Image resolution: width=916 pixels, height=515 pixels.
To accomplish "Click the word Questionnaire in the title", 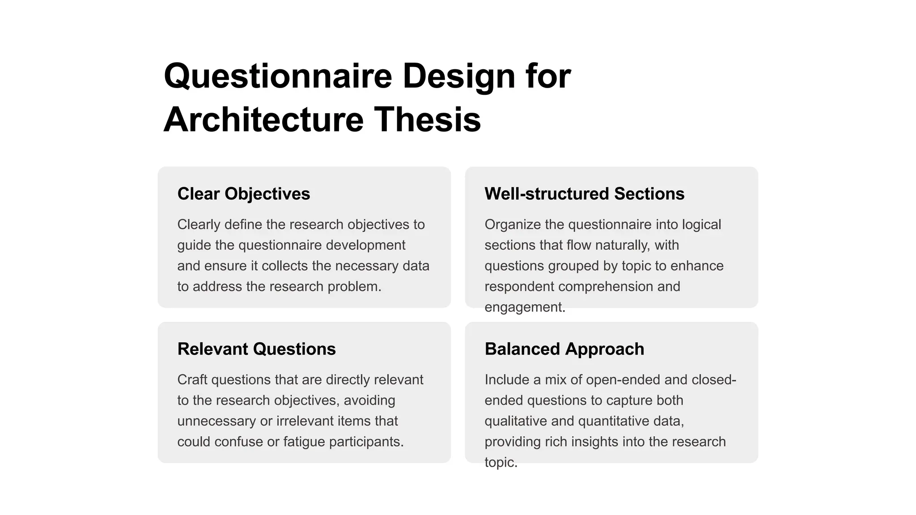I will click(278, 76).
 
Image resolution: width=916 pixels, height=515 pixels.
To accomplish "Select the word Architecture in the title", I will click(263, 120).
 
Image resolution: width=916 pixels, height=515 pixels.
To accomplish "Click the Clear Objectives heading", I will click(243, 194).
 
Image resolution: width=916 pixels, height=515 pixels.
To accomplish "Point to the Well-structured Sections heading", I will click(584, 194).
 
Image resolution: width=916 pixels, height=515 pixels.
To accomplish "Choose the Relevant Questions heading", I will click(256, 349).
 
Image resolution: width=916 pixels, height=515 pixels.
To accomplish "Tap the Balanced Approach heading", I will click(564, 349).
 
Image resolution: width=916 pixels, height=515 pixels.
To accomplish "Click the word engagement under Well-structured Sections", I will click(525, 308).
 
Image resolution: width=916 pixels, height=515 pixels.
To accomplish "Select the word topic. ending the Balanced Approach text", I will click(501, 462).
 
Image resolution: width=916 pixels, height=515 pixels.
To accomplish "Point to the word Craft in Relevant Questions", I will click(192, 380).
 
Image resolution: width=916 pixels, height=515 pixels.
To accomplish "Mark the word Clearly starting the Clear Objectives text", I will click(199, 224).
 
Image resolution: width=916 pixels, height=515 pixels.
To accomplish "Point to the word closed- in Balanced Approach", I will click(713, 380).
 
